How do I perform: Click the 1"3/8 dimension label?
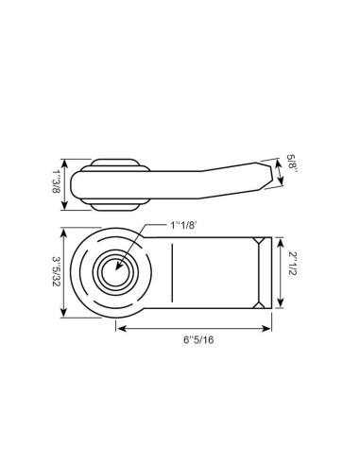pyautogui.click(x=55, y=179)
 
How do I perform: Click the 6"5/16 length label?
pyautogui.click(x=195, y=340)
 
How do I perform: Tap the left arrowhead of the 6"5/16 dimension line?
pyautogui.click(x=120, y=329)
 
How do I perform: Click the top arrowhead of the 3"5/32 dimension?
pyautogui.click(x=64, y=232)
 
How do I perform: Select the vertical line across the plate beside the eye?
pyautogui.click(x=172, y=272)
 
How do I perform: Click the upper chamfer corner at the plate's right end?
pyautogui.click(x=259, y=243)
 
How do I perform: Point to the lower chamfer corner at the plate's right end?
pyautogui.click(x=259, y=302)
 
